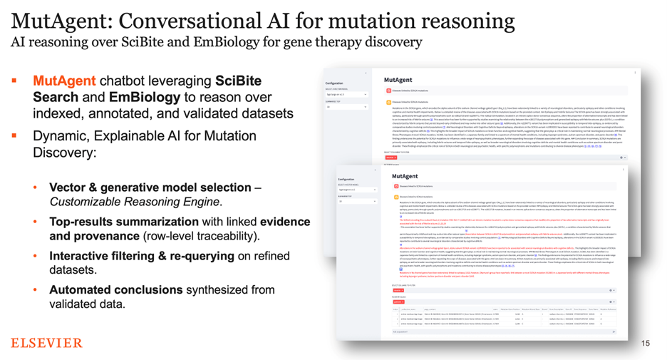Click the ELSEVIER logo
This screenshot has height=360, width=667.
click(x=46, y=344)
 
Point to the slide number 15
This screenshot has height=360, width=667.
click(x=645, y=344)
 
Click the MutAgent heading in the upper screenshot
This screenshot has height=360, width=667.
click(x=398, y=80)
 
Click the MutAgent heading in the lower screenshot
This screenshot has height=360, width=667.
click(x=405, y=176)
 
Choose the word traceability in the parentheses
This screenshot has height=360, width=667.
click(x=220, y=235)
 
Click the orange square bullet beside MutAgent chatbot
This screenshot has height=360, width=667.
click(x=15, y=81)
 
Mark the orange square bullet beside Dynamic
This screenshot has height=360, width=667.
click(x=15, y=135)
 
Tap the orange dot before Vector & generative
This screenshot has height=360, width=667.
click(x=36, y=187)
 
